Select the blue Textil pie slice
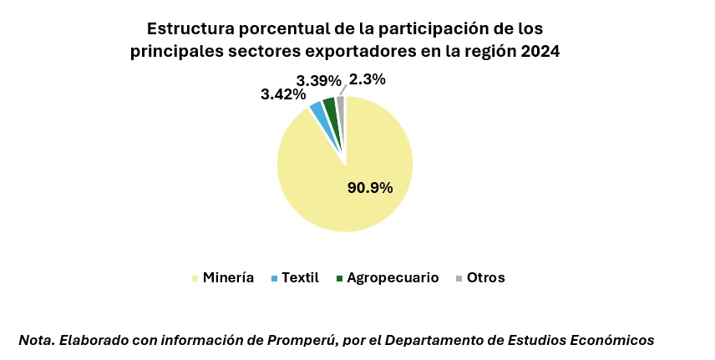317,109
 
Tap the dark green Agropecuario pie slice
329,105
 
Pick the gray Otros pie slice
340,103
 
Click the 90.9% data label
370,187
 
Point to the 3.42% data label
283,94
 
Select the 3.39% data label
318,81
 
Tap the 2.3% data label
368,80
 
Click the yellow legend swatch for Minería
195,278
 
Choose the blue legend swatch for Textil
274,278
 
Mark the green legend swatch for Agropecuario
339,278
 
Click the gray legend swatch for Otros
459,278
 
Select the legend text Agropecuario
393,278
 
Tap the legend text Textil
301,278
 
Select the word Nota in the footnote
35,340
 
